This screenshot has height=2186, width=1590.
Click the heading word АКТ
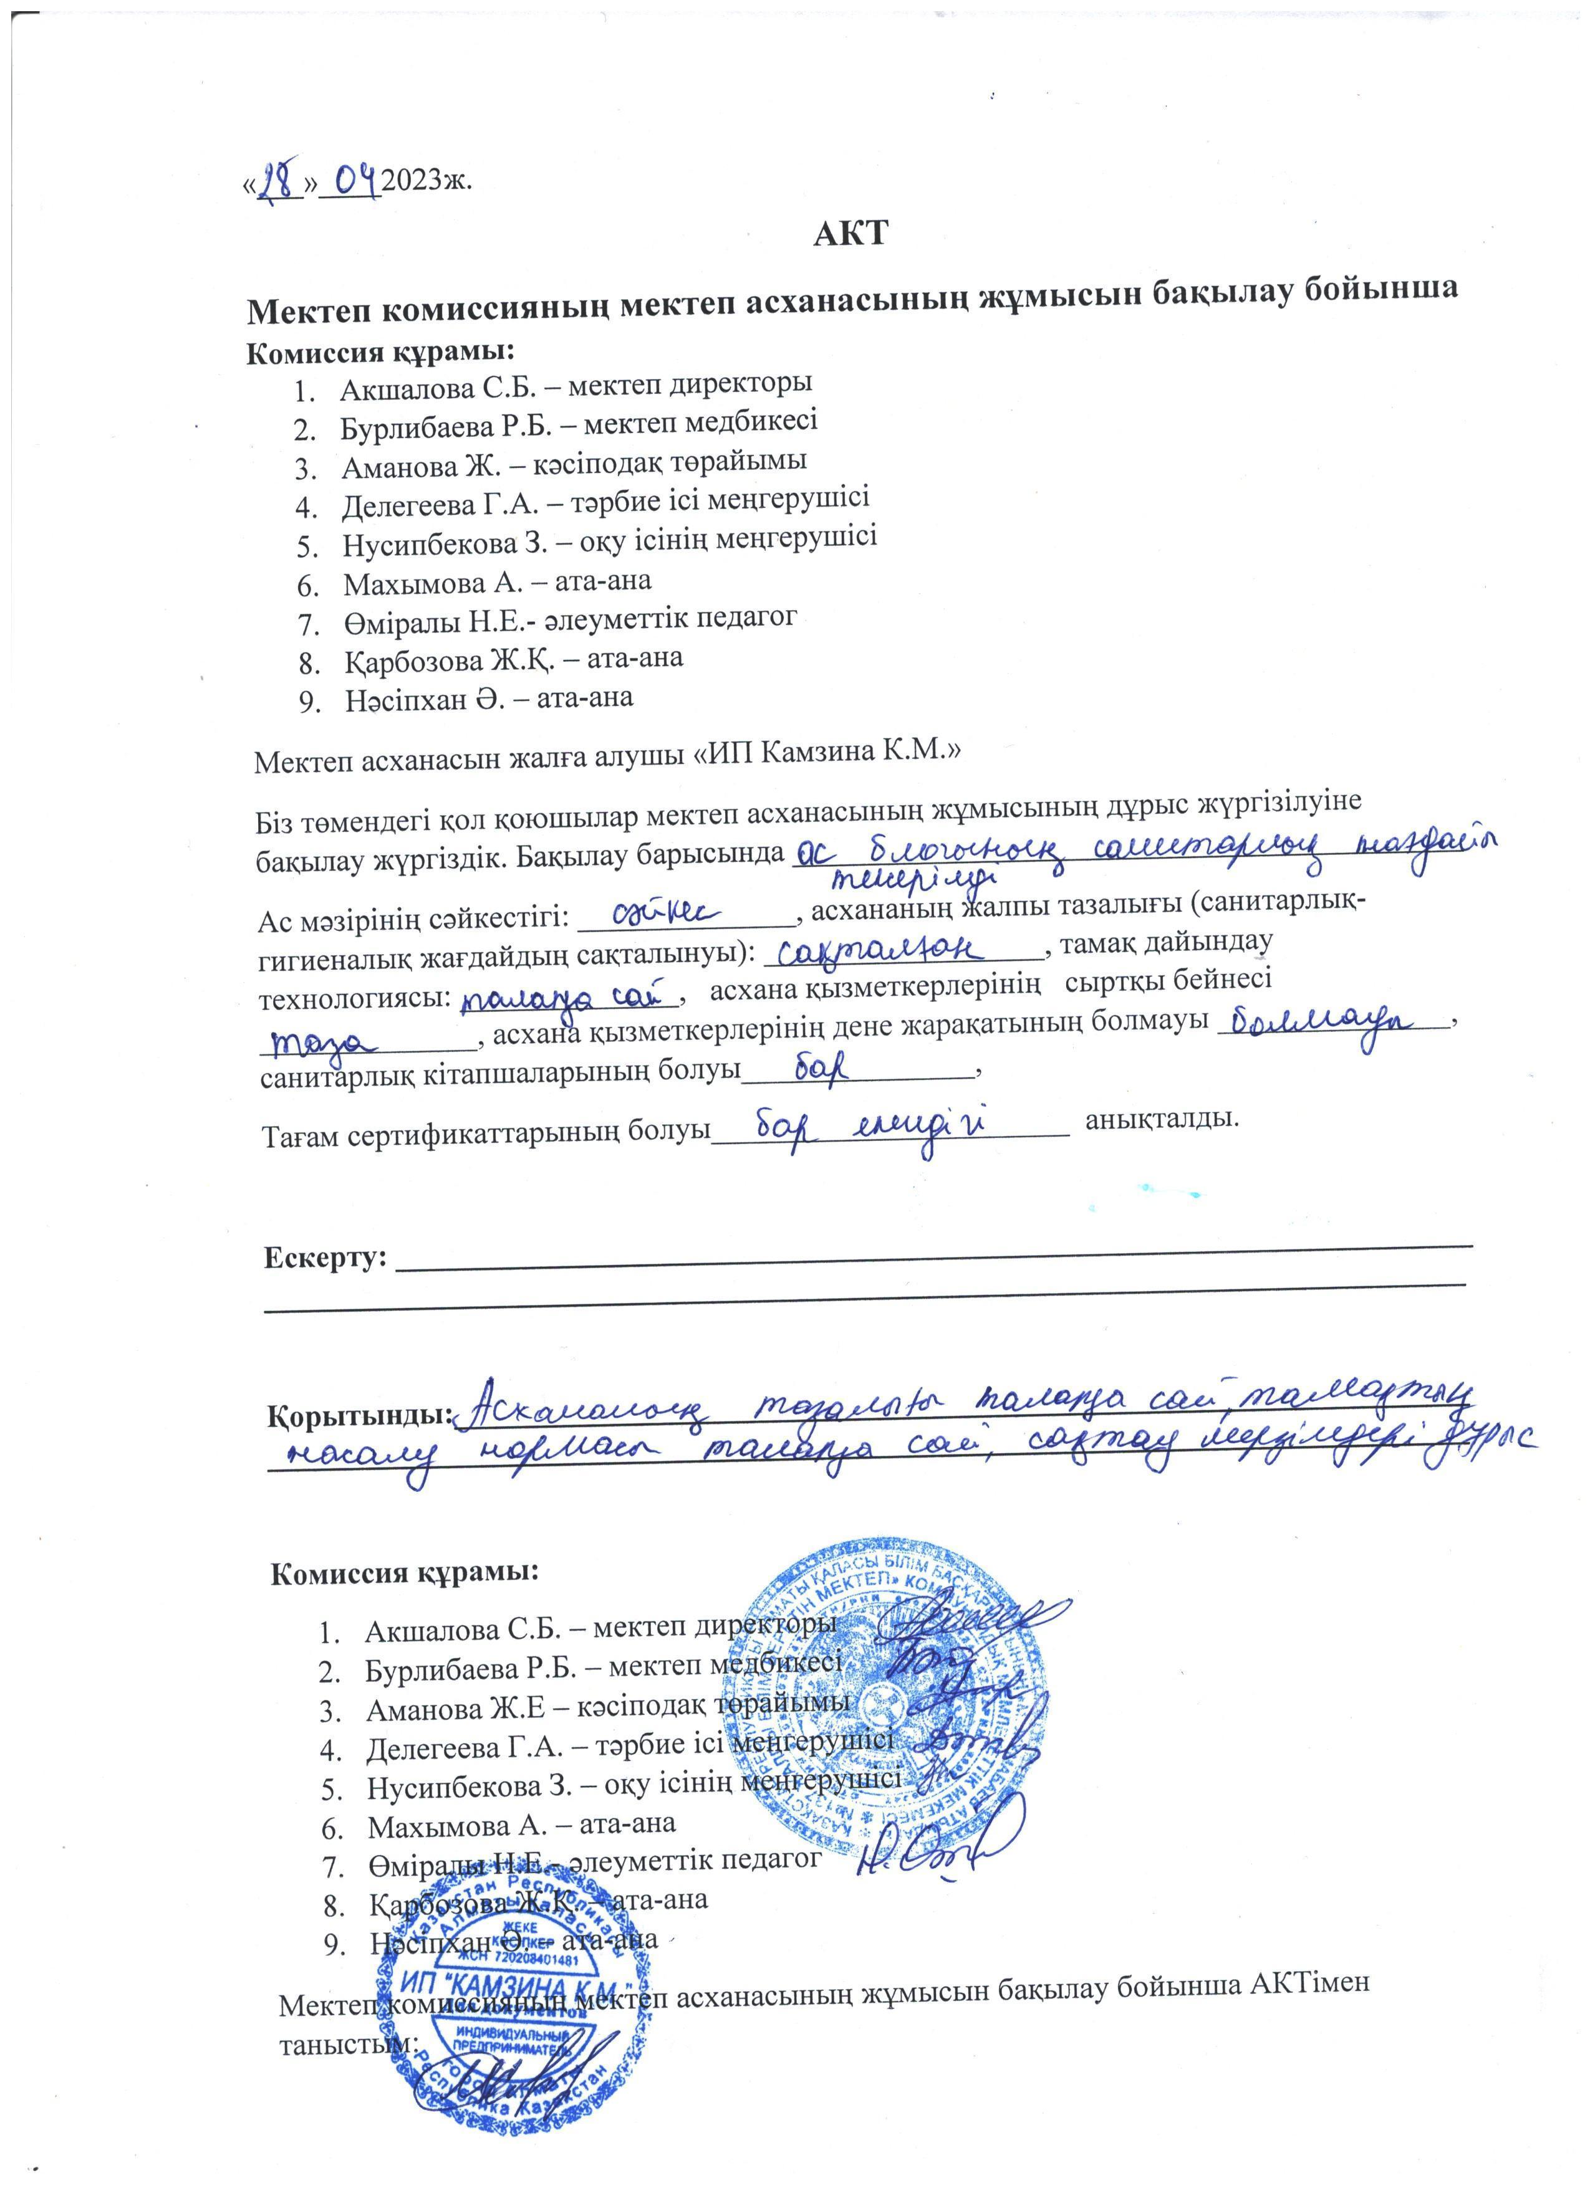pyautogui.click(x=849, y=234)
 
